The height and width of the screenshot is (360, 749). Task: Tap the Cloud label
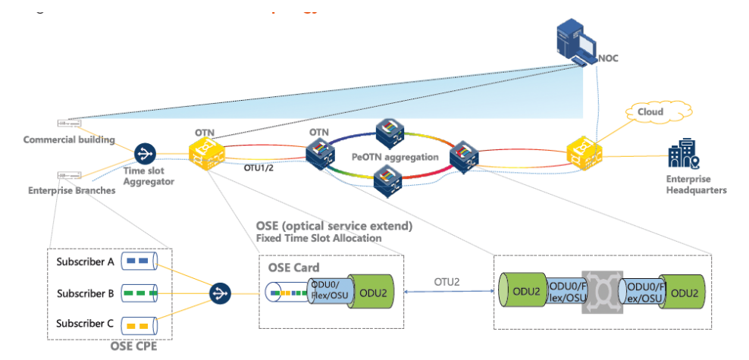(x=650, y=112)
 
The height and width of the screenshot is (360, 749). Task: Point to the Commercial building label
(x=69, y=139)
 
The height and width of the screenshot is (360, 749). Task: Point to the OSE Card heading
(x=293, y=267)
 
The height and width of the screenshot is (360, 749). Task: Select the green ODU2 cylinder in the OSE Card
(x=371, y=293)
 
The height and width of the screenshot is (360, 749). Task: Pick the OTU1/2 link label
(x=262, y=168)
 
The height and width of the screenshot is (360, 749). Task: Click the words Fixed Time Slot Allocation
(x=319, y=238)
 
